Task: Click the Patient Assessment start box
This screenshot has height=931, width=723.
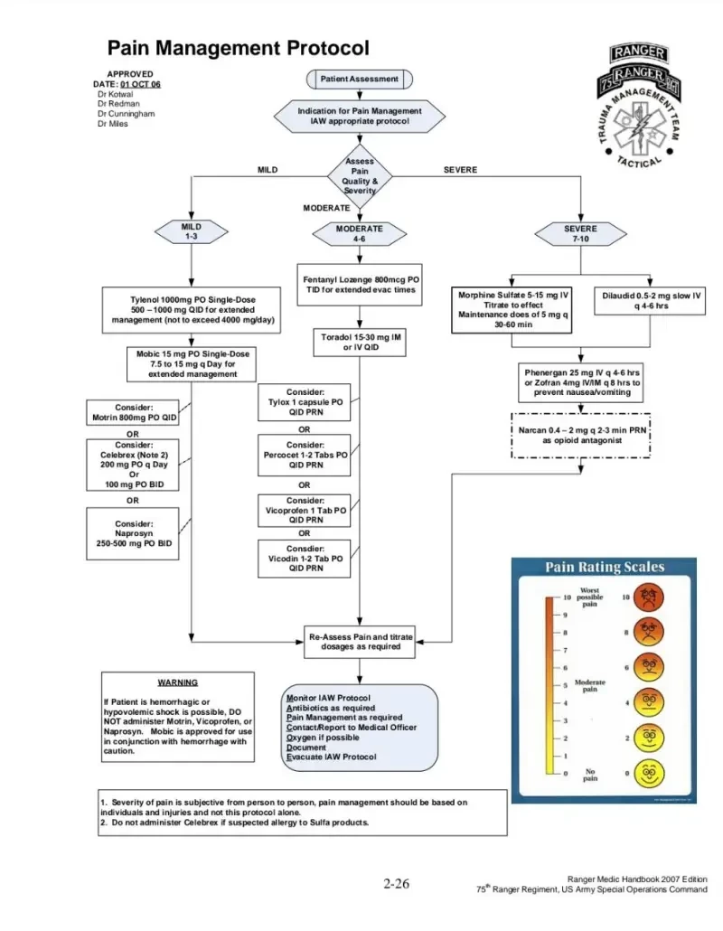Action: point(359,80)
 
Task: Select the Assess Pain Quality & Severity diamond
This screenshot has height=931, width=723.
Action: point(360,176)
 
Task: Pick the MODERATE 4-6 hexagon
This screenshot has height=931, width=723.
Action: point(360,234)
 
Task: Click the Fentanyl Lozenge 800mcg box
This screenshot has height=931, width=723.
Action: point(360,285)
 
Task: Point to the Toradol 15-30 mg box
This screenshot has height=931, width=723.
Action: point(360,343)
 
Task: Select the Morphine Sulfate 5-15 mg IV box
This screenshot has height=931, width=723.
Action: point(513,309)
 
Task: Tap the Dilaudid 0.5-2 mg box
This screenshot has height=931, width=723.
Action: point(652,301)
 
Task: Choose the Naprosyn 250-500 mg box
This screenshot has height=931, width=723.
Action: point(133,534)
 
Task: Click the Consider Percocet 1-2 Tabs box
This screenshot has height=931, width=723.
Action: point(305,456)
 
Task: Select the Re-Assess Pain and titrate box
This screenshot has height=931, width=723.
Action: point(361,642)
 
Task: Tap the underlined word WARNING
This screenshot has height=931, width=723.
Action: point(177,682)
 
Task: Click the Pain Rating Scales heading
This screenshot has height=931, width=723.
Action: point(605,568)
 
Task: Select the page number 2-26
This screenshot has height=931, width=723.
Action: point(397,883)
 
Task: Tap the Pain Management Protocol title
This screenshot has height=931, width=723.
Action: point(239,48)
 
